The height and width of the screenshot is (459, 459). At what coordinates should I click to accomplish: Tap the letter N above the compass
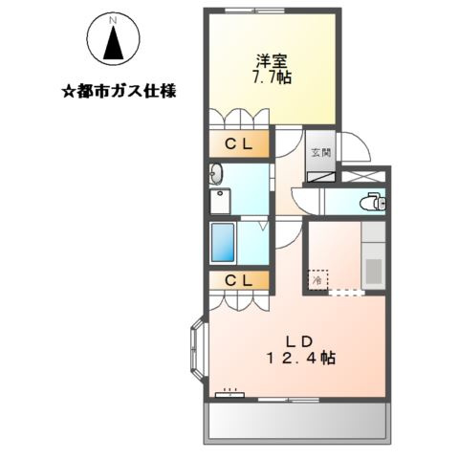pyautogui.click(x=113, y=20)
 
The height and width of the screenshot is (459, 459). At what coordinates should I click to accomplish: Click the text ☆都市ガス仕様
pyautogui.click(x=120, y=94)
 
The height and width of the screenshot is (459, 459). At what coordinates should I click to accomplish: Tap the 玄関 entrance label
pyautogui.click(x=318, y=150)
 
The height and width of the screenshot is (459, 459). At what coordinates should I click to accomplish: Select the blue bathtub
pyautogui.click(x=224, y=244)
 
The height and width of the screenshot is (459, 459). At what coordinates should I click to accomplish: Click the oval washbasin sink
pyautogui.click(x=216, y=174)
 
